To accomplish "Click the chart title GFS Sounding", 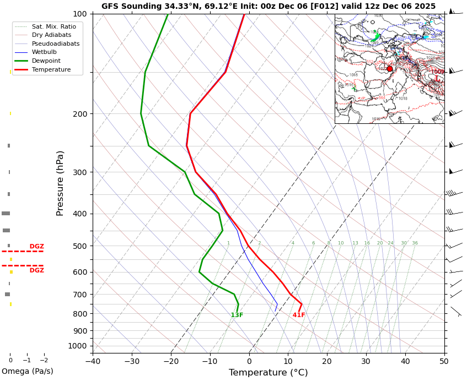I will [268, 7].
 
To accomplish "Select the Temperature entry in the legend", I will [51, 70].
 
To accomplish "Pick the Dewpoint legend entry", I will [46, 61].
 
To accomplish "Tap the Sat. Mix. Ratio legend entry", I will [53, 26].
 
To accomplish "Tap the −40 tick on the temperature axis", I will [93, 362].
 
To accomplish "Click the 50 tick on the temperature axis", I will [444, 362].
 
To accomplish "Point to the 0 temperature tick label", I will [249, 362].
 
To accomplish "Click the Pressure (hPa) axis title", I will [60, 183].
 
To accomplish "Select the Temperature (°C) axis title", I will [268, 373].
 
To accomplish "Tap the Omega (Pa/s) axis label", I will [28, 372].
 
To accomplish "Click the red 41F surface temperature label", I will [299, 315].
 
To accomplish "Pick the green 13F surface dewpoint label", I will [237, 315].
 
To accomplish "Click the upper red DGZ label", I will [37, 247].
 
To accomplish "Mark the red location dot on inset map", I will [390, 69].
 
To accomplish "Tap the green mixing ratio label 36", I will [415, 243].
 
